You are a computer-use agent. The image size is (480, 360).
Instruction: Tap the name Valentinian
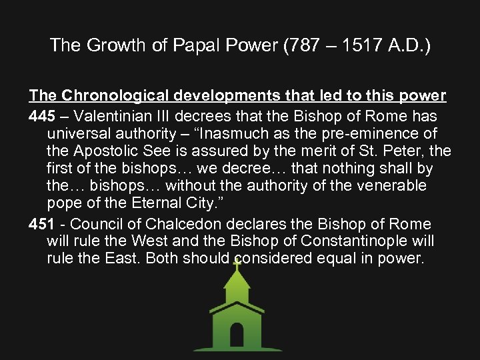click(111, 115)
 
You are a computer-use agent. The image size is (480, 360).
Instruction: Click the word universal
click(83, 133)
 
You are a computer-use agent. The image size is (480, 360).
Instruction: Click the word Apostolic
click(105, 151)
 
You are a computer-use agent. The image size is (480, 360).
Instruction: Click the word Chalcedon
click(195, 223)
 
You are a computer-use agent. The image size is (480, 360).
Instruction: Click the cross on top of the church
click(237, 263)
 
